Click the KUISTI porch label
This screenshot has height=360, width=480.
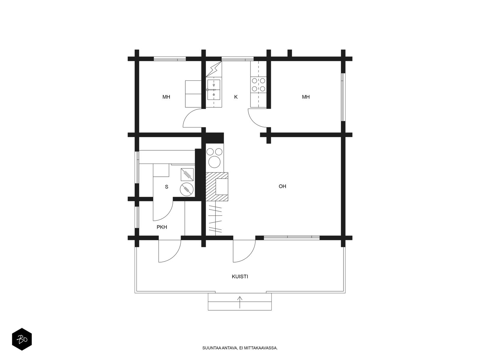coord(240,277)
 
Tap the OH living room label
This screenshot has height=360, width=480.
coord(282,186)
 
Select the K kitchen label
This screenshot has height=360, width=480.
coord(236,97)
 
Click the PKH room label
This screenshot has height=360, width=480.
coord(162,227)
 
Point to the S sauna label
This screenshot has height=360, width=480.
coord(166,187)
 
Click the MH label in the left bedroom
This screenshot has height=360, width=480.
coord(166,97)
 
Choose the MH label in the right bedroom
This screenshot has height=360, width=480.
coord(306,97)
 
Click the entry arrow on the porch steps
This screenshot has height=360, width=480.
coord(240,302)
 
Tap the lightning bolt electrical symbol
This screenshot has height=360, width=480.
coord(214,69)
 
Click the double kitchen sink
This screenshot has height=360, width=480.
coord(214,90)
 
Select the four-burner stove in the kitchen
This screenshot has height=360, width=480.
coord(259,85)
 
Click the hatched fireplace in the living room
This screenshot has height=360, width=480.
coord(217,187)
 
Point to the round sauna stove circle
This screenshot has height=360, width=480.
coord(187,189)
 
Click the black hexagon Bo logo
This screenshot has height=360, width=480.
coord(22,339)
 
